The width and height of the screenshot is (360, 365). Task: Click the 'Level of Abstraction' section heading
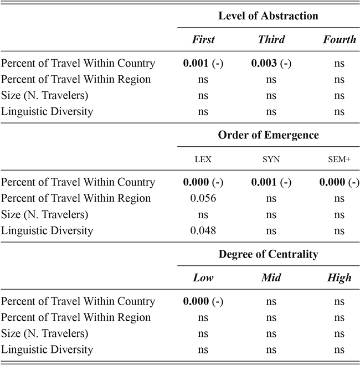[268, 16]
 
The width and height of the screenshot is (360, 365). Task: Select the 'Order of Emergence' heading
[268, 135]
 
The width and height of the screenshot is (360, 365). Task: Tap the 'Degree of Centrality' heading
[268, 254]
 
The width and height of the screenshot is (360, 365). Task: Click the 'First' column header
[203, 39]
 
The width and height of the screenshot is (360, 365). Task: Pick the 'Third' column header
[271, 39]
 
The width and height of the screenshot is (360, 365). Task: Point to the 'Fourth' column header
[339, 39]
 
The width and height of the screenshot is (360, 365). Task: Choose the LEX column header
[203, 159]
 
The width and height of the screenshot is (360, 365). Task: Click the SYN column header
[271, 159]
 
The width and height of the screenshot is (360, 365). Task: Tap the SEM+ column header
[339, 159]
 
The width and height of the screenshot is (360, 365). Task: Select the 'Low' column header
[203, 278]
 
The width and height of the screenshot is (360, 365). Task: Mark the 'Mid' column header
[271, 278]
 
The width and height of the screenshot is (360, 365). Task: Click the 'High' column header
[339, 278]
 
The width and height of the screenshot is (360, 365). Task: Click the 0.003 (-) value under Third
[271, 63]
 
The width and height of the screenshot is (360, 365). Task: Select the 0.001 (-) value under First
[203, 63]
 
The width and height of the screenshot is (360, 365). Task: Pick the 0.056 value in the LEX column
[203, 198]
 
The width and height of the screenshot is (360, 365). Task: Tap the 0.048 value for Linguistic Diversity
[203, 230]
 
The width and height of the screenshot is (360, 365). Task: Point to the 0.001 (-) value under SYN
[271, 182]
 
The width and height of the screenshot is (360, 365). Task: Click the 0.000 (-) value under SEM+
[339, 182]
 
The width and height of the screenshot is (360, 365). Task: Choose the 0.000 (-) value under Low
[203, 301]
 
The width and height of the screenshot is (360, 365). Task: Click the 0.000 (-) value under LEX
[203, 182]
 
